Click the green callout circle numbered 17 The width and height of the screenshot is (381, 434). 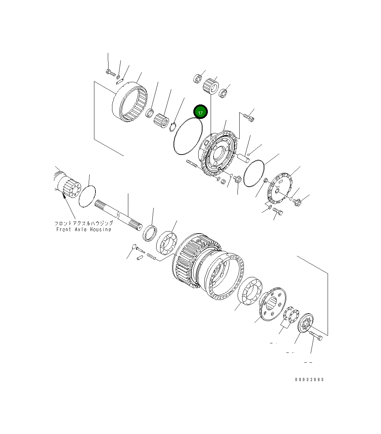pyautogui.click(x=200, y=113)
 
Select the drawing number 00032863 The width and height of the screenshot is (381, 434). pyautogui.click(x=309, y=380)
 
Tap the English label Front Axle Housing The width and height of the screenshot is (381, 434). pyautogui.click(x=84, y=229)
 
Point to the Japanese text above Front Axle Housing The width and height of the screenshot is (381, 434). pyautogui.click(x=84, y=223)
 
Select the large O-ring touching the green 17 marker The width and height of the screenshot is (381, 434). pyautogui.click(x=187, y=136)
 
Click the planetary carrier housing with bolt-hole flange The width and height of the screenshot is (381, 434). pyautogui.click(x=216, y=154)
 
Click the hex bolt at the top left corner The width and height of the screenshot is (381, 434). pyautogui.click(x=110, y=73)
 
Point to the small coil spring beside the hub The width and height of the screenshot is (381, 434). pyautogui.click(x=151, y=257)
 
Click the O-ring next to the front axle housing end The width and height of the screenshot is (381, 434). pyautogui.click(x=87, y=196)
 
